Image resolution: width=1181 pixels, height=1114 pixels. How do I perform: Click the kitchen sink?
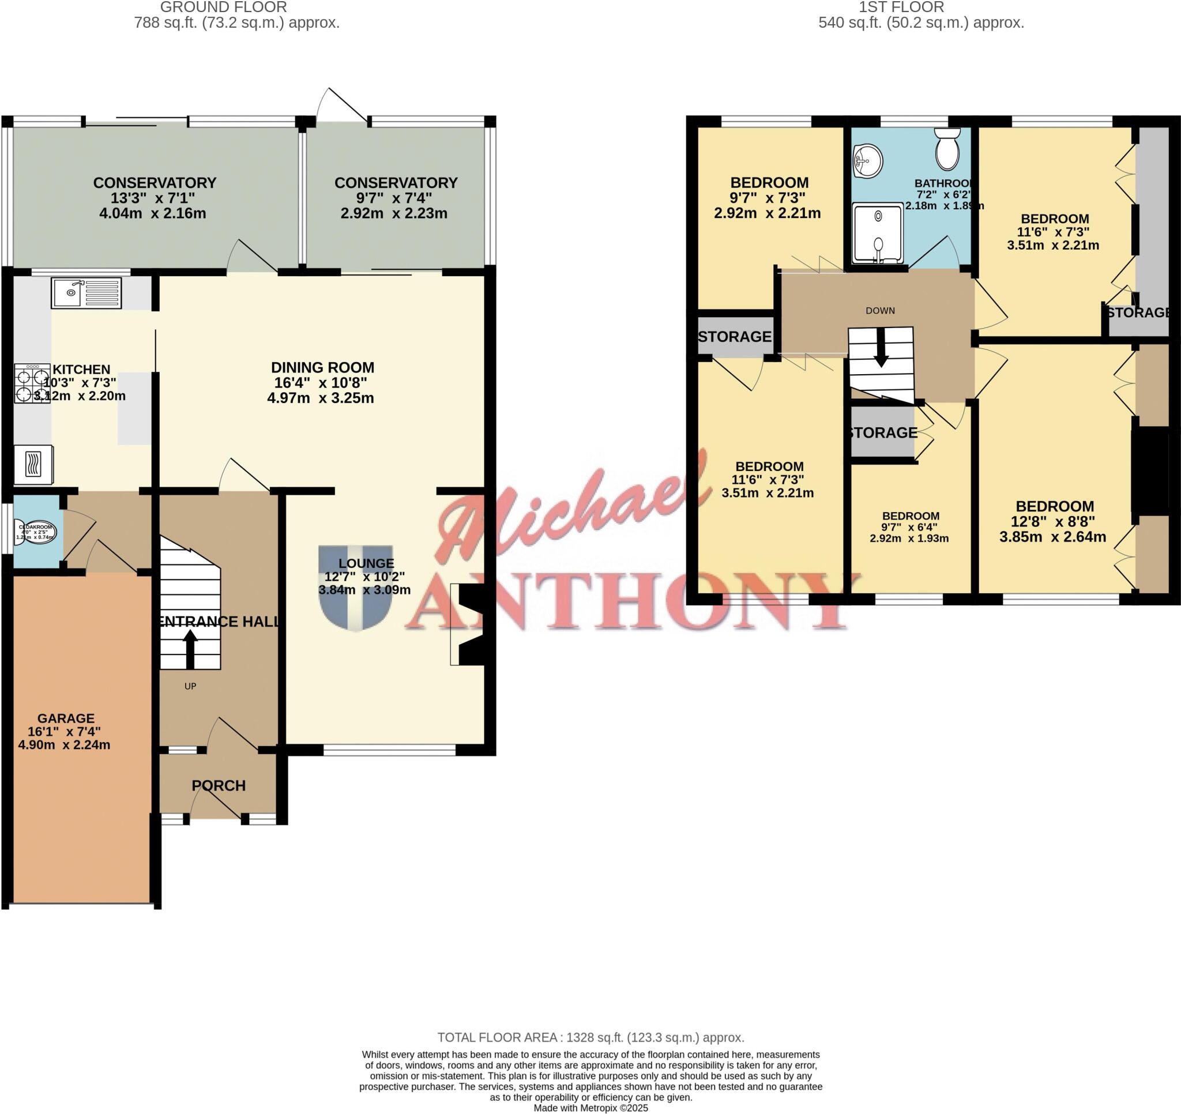(x=86, y=292)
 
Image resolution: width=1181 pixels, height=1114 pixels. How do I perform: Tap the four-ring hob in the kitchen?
(x=32, y=384)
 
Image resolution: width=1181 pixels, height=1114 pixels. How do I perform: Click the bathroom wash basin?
(x=868, y=161)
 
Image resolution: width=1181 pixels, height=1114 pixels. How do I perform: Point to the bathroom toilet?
(x=947, y=151)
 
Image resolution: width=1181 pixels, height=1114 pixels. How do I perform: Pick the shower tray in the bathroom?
(x=878, y=233)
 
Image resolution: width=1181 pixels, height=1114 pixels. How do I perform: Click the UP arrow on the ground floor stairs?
(x=190, y=649)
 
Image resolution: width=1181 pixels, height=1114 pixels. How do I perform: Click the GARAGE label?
(x=66, y=718)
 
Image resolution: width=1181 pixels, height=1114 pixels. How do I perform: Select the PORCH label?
(x=219, y=785)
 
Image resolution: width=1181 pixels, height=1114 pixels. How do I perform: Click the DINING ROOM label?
(x=322, y=368)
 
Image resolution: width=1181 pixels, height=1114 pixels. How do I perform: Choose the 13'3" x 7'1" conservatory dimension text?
(x=153, y=198)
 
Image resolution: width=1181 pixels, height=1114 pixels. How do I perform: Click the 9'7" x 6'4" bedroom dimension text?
(x=910, y=527)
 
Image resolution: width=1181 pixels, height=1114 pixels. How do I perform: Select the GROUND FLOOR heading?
(x=223, y=7)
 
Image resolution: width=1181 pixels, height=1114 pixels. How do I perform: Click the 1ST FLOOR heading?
(x=901, y=7)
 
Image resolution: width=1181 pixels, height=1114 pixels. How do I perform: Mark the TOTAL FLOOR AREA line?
(x=590, y=1037)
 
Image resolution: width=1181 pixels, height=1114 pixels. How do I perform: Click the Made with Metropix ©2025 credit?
(x=590, y=1108)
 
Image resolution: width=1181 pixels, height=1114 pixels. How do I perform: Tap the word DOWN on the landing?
(x=880, y=311)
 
